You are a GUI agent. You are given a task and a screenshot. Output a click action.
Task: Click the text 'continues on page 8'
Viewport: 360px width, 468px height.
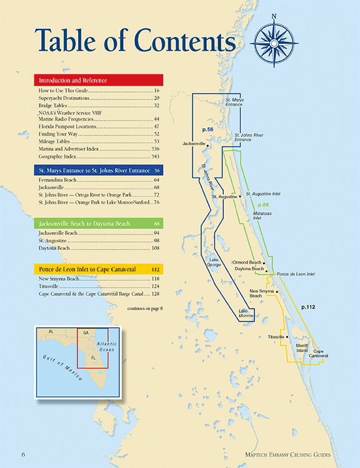(144, 308)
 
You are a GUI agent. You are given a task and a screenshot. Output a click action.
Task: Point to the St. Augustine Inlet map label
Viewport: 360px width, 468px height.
(266, 195)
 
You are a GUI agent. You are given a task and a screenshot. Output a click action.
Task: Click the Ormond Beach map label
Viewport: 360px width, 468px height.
(247, 262)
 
